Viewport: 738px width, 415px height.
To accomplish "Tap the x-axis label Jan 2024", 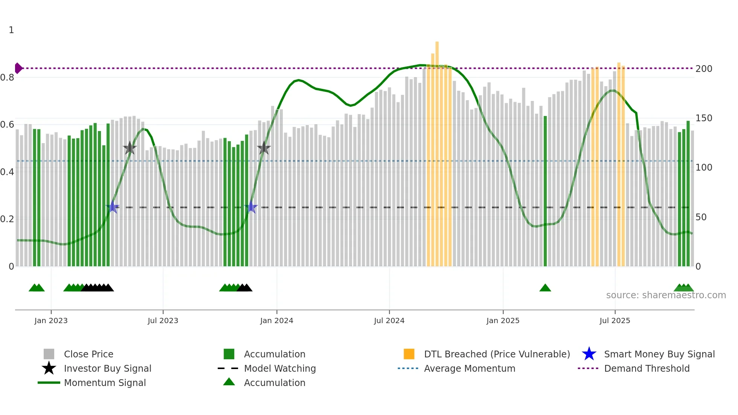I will [x=276, y=320].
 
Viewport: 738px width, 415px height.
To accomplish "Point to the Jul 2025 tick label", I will [x=614, y=320].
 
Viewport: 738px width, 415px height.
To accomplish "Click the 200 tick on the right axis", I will [x=704, y=69].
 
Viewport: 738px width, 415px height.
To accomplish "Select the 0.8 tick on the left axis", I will [x=7, y=78].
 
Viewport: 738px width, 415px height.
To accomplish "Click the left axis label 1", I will [x=11, y=30].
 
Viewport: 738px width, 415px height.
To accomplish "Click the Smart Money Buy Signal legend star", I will [x=589, y=354].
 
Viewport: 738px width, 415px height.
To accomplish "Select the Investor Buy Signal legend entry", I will [x=107, y=368].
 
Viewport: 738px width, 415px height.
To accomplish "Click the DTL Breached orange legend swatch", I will [x=409, y=354].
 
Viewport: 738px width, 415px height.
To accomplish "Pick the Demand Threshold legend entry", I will [x=647, y=368].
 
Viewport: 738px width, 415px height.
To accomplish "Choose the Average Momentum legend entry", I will [x=469, y=368].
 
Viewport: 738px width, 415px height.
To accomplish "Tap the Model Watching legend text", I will [x=280, y=368].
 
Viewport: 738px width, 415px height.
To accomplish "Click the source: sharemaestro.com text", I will [x=666, y=295].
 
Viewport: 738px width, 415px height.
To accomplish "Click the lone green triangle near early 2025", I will [x=545, y=288].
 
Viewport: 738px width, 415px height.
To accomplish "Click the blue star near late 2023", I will [x=251, y=207].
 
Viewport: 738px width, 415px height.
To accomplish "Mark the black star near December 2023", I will [x=264, y=148].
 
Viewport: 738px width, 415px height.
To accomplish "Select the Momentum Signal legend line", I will [x=49, y=383].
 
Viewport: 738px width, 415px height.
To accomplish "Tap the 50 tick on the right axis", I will [x=701, y=217].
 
